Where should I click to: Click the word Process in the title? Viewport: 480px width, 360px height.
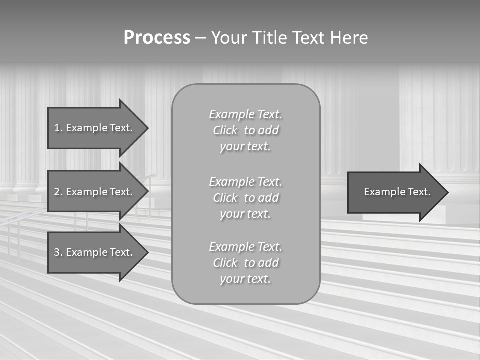tap(157, 38)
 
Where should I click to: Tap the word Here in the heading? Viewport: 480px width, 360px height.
tap(348, 38)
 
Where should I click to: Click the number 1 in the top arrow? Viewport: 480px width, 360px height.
tap(57, 128)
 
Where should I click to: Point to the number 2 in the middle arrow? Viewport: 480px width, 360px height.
tap(57, 192)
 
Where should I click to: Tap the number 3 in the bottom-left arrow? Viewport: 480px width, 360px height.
tap(57, 252)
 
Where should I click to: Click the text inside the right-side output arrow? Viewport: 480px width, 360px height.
tap(397, 192)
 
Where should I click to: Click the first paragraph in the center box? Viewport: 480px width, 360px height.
tap(245, 130)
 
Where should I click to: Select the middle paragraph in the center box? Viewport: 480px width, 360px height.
tap(245, 198)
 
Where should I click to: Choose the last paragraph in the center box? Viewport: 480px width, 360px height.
tap(245, 263)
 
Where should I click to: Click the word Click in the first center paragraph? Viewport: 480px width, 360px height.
tap(225, 130)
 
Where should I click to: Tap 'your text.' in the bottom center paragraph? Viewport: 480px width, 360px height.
tap(245, 279)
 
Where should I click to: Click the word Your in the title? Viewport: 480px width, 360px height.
tap(229, 38)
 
